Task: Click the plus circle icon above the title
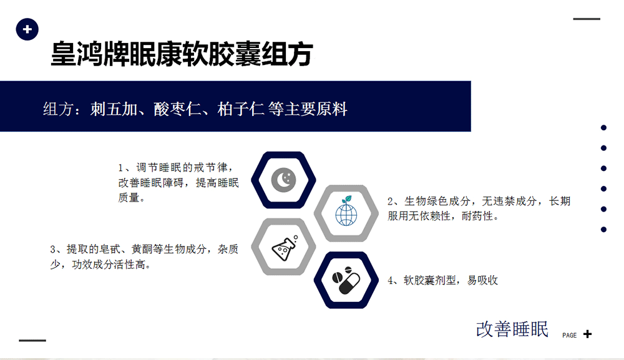point(27,29)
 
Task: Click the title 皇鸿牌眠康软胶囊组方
point(182,54)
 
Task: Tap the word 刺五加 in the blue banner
point(114,109)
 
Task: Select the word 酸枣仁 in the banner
point(177,109)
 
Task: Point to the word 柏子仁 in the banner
point(241,109)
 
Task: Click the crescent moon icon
point(283,180)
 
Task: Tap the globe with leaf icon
point(346,211)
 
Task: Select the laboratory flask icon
point(285,248)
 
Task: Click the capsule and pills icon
point(346,280)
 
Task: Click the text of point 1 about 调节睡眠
point(178,183)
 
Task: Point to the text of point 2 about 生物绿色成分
point(479,208)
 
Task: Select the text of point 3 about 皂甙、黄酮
point(144,256)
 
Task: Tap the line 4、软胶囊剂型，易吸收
point(443,280)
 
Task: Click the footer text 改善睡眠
point(512,329)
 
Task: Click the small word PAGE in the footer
point(570,335)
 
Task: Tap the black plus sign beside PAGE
point(587,334)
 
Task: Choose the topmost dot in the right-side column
point(603,128)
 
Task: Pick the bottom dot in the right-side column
point(603,230)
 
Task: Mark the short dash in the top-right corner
point(587,19)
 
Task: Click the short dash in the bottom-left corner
point(32,341)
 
